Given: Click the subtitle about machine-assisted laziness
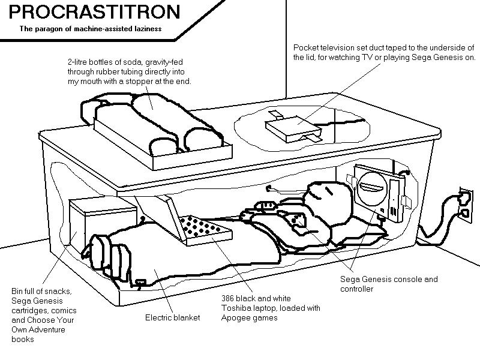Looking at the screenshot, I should pos(91,28).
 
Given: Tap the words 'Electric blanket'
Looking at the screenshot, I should pos(172,317).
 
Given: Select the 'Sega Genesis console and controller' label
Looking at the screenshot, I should pos(389,284).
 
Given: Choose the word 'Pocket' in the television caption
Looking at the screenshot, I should pos(305,47).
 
